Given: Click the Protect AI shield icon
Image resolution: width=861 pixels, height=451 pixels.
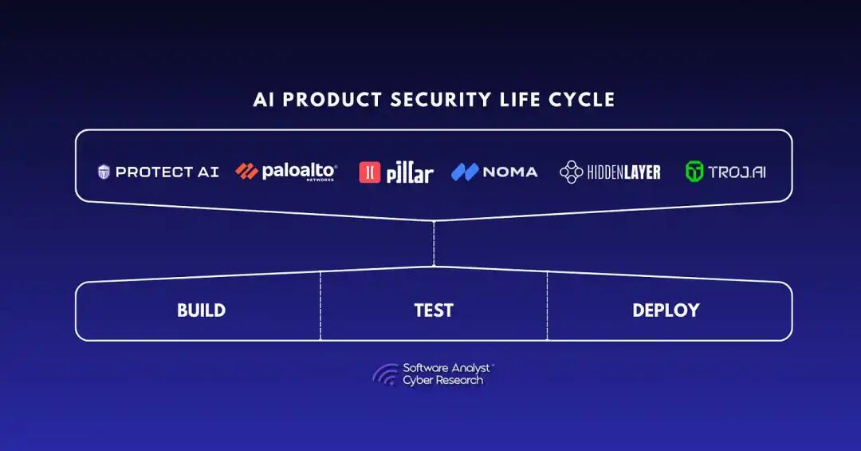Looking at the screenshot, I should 104,172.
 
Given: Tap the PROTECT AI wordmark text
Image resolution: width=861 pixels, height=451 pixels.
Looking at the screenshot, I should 167,172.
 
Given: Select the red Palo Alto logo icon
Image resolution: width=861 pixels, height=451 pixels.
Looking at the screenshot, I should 246,171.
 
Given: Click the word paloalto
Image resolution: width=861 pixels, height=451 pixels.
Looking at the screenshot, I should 300,171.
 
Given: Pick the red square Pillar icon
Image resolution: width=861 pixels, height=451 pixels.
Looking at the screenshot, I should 370,172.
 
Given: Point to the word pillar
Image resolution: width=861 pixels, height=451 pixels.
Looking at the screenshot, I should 410,173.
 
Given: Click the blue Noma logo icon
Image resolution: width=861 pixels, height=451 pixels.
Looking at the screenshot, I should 464,172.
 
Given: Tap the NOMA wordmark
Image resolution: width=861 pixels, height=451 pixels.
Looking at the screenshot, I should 510,172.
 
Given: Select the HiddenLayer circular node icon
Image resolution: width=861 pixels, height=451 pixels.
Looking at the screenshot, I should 571,172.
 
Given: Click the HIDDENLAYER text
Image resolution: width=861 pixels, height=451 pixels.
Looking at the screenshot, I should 623,172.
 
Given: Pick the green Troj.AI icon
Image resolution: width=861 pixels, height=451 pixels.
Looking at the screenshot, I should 694,172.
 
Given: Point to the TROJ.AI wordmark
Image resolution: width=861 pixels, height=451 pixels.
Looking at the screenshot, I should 737,172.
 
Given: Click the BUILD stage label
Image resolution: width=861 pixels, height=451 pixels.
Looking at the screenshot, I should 201,311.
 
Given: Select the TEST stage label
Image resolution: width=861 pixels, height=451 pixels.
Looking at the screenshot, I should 434,311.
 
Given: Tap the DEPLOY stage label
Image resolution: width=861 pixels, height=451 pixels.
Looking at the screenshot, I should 666,311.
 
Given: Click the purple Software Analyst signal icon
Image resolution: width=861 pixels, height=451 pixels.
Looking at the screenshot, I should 385,374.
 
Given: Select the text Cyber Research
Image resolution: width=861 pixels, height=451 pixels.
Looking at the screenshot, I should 442,381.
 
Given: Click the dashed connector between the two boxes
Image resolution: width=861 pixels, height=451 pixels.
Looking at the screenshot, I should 434,243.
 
